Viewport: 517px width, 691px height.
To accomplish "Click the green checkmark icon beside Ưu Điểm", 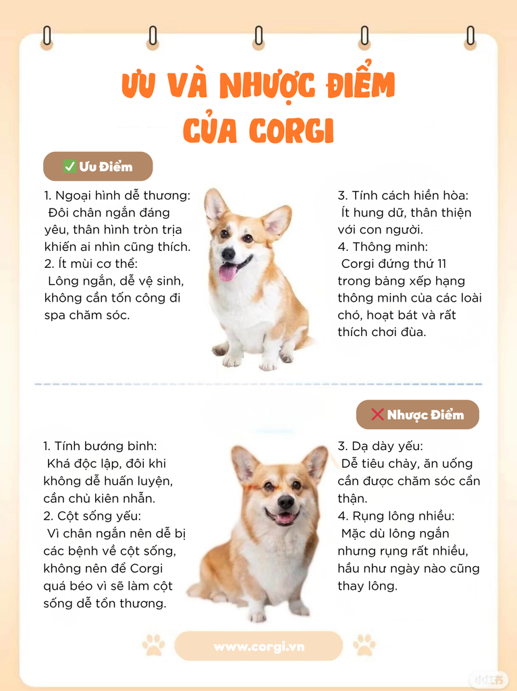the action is coord(70,166).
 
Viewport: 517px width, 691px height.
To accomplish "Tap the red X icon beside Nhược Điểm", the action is coord(377,414).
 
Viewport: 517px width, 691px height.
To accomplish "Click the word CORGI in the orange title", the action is coord(292,130).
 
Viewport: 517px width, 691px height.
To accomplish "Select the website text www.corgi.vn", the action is coord(258,646).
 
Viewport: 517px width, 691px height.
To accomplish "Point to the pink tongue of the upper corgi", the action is coord(227,272).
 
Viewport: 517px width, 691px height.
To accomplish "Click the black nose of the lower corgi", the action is coord(285,501).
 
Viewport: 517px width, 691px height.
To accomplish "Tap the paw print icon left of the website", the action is coord(153,644).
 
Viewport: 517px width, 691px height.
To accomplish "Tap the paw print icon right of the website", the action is coord(364,644).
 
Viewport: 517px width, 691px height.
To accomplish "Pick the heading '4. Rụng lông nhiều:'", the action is coord(396,516).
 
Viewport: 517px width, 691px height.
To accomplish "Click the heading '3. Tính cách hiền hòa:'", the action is coord(403,195).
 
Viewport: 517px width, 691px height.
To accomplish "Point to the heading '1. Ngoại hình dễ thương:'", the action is coord(117,195).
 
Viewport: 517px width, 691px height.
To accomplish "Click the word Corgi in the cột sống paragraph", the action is coord(146,568).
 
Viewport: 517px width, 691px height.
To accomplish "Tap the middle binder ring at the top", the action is coord(258,36).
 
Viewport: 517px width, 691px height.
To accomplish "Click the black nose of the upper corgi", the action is coord(228,253).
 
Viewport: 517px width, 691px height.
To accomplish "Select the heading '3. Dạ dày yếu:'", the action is coord(380,446).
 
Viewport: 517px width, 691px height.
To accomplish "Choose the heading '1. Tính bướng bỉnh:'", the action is coord(100,446).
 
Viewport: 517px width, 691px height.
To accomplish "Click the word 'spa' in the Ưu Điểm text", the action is coord(55,316).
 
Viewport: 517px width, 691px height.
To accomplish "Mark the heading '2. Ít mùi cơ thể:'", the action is coord(91,264).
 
